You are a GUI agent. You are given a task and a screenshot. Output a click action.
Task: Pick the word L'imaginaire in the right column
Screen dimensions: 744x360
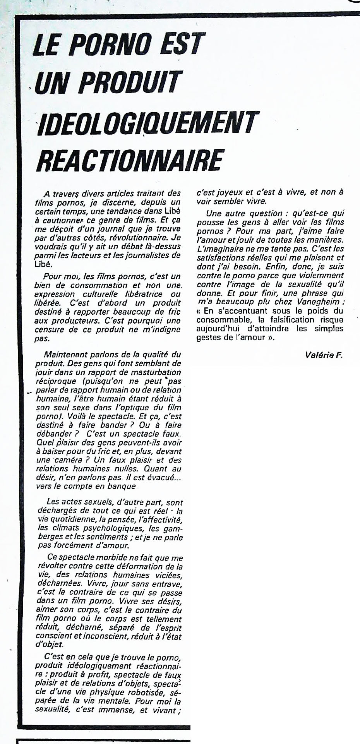(x=219, y=249)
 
